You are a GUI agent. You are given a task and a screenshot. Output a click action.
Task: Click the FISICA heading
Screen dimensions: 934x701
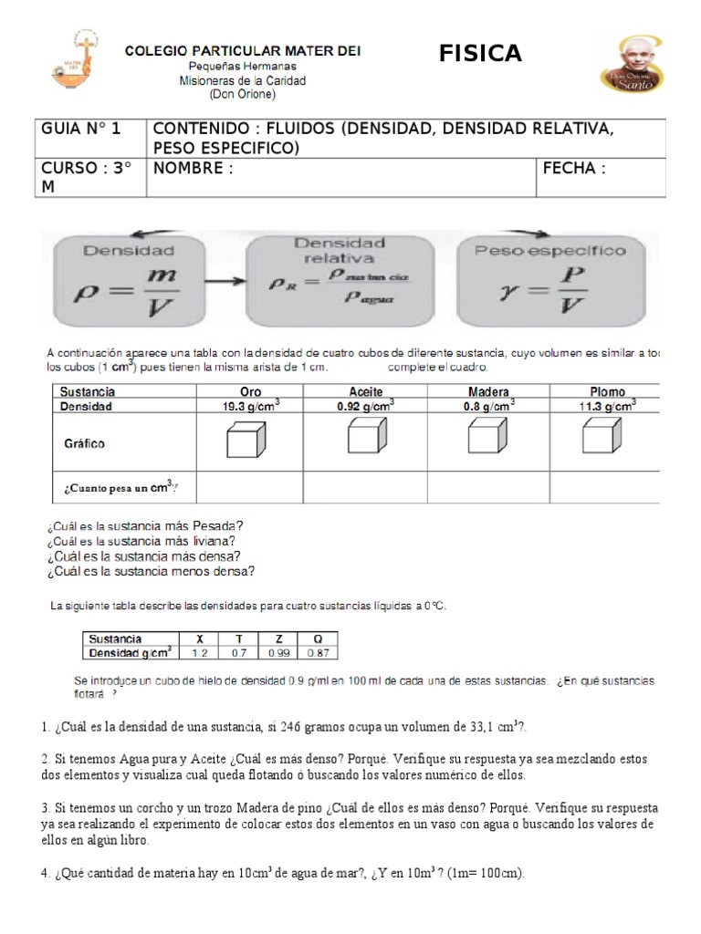click(x=480, y=55)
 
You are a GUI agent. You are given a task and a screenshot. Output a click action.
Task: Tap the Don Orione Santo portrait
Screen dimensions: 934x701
click(x=627, y=67)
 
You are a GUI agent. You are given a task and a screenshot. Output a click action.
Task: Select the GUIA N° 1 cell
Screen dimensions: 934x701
click(x=81, y=129)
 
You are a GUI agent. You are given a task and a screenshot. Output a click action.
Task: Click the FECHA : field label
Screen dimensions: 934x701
click(x=574, y=168)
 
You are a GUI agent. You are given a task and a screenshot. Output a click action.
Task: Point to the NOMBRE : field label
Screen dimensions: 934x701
click(x=194, y=168)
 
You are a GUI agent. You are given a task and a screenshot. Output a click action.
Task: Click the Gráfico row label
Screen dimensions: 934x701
click(x=83, y=444)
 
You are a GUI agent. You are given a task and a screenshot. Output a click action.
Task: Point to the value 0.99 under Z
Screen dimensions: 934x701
click(x=277, y=653)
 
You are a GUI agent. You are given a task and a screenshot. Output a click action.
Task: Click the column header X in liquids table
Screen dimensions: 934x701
click(x=200, y=639)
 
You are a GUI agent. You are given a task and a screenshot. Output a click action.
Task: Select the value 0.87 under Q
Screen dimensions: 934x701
click(x=318, y=653)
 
